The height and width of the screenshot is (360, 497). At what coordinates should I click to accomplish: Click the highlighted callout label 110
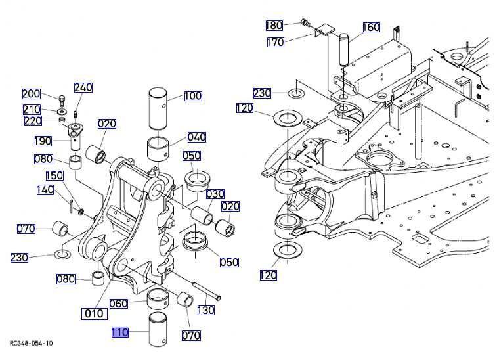(x=119, y=333)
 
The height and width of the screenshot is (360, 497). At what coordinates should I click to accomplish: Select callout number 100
(x=192, y=96)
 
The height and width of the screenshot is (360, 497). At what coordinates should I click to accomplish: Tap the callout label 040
(x=196, y=137)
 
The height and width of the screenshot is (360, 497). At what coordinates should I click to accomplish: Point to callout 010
(x=93, y=313)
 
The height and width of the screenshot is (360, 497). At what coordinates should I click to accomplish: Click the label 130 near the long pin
(x=206, y=310)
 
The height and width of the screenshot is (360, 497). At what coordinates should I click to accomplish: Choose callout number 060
(x=119, y=304)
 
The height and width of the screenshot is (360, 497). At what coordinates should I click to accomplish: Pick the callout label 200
(x=31, y=93)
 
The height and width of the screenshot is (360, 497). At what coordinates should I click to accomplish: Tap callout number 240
(x=83, y=87)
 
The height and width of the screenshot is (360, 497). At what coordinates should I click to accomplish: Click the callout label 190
(x=44, y=141)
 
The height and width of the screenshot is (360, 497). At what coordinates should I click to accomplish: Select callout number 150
(x=54, y=175)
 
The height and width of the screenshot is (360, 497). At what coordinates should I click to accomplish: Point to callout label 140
(x=45, y=190)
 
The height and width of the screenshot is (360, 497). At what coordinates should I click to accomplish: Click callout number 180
(x=274, y=25)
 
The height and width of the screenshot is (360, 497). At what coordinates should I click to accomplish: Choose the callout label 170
(x=275, y=42)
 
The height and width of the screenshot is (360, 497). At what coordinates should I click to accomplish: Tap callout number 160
(x=371, y=27)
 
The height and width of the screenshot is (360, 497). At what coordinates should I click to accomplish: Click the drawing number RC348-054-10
(x=32, y=343)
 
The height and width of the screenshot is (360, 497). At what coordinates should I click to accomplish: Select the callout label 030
(x=215, y=194)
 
